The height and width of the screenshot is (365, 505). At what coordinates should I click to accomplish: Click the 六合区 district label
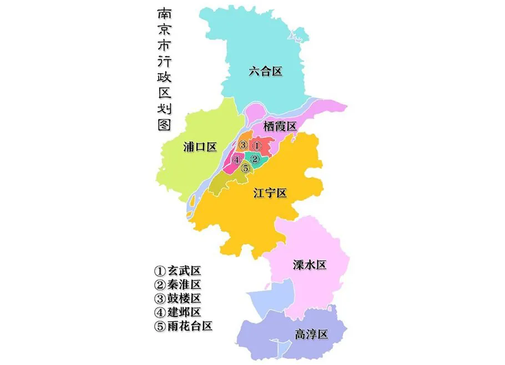point(266,71)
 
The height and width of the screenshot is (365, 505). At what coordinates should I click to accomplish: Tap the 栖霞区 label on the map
point(280,126)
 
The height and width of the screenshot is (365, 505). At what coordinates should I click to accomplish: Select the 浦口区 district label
point(200,147)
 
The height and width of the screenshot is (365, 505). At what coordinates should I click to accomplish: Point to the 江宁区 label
point(270,194)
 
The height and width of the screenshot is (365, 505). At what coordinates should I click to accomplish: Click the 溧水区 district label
point(309,265)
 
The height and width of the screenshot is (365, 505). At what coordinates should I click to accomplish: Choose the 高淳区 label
point(311,334)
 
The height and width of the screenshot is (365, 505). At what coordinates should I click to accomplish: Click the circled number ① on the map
point(256,145)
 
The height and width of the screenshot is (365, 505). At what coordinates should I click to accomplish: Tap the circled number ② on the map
point(255,160)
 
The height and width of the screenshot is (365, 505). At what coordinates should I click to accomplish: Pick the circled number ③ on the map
point(243,145)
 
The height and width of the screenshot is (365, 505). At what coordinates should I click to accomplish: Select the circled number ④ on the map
point(236,160)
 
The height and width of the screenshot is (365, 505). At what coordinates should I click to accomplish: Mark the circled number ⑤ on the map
point(245,168)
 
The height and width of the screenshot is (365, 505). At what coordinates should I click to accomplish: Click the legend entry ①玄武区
point(177,271)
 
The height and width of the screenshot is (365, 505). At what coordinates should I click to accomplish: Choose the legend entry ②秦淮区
point(177,285)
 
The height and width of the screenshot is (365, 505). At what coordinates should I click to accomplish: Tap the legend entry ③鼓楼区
point(177,298)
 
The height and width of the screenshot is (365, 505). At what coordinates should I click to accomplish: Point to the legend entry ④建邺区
point(177,312)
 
